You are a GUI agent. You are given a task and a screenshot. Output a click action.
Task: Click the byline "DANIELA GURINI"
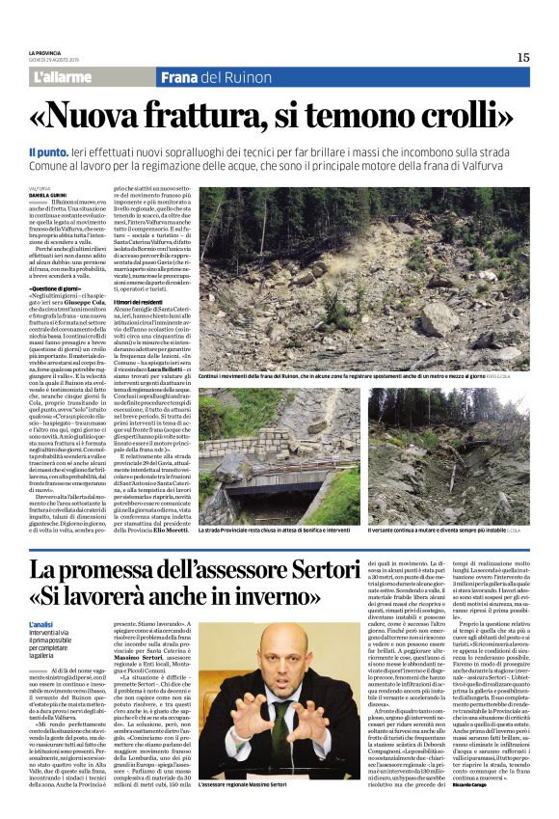[x=47, y=196]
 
